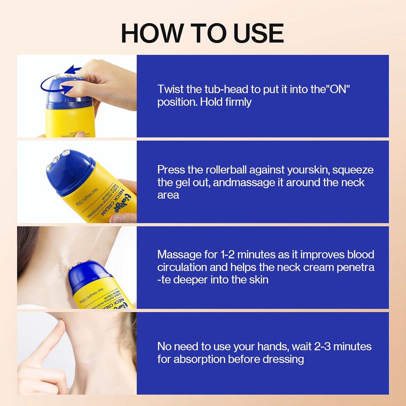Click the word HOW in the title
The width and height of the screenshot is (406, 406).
pyautogui.click(x=152, y=33)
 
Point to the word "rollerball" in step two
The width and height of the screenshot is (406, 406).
pyautogui.click(x=226, y=170)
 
